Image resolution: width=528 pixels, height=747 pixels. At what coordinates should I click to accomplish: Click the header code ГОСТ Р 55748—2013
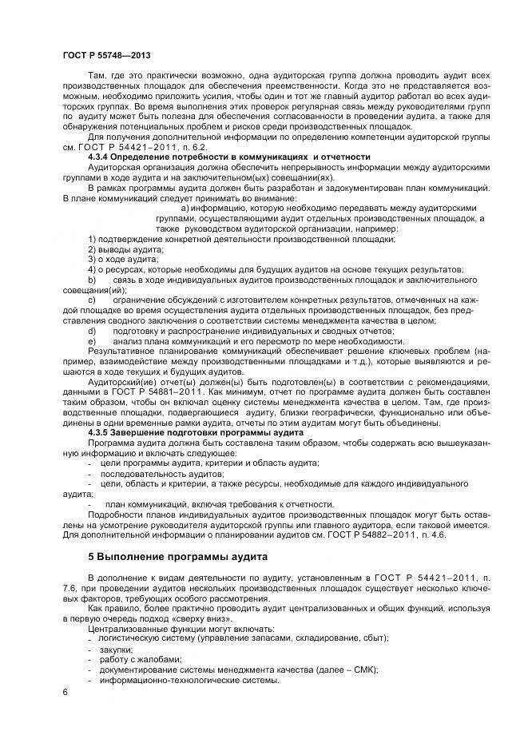click(105, 55)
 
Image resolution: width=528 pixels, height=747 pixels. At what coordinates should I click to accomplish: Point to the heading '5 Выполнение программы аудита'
click(177, 556)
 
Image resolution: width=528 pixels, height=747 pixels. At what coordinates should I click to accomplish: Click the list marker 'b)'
click(92, 280)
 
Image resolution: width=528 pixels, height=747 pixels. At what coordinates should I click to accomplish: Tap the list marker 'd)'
click(92, 331)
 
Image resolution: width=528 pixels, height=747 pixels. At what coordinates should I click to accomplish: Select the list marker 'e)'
click(92, 341)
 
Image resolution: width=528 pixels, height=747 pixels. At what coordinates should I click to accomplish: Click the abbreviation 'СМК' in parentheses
click(361, 670)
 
